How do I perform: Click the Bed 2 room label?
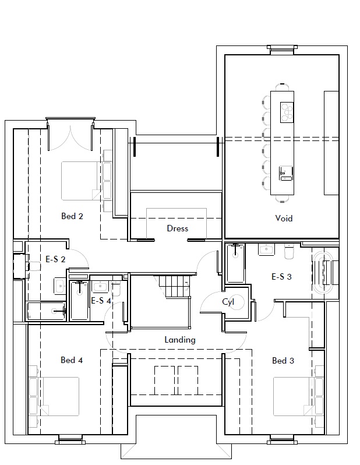72,216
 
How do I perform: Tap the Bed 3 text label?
283,361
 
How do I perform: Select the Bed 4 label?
72,360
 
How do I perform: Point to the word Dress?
177,228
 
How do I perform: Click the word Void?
284,219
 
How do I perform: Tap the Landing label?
180,340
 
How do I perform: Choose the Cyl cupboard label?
228,302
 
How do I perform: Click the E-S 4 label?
101,301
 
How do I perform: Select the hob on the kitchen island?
287,112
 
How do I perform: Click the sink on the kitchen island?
286,173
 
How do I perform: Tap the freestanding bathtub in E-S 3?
325,273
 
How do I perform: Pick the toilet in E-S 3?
289,252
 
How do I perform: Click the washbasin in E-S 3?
267,249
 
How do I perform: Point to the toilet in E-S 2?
33,266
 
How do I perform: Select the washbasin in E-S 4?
100,287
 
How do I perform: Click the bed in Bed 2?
80,181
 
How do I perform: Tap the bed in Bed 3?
292,396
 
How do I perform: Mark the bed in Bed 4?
59,396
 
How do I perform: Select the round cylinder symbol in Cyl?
237,302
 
